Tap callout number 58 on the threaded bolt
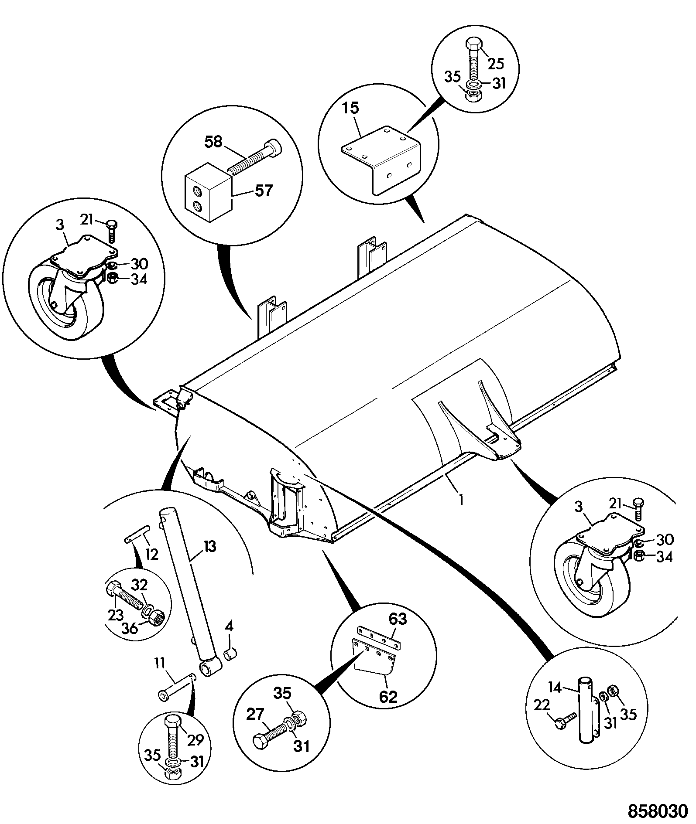click(x=213, y=142)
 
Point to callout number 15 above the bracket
click(x=350, y=108)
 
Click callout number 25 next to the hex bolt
click(x=495, y=64)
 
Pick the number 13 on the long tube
click(x=209, y=546)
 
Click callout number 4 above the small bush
click(x=229, y=627)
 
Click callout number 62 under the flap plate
click(x=388, y=697)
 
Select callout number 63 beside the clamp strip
click(x=398, y=619)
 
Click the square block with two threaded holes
click(x=208, y=192)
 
